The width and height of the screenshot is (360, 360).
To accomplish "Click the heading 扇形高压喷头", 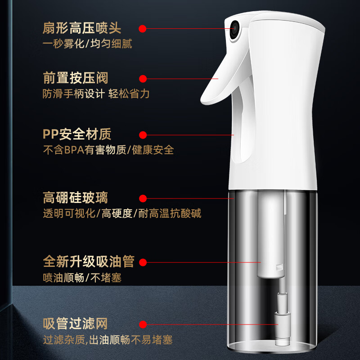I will (82, 29).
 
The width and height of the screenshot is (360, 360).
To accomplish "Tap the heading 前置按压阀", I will (76, 78).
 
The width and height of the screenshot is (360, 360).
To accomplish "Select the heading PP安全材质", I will (77, 134).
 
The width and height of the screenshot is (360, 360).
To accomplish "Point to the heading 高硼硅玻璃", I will (76, 198).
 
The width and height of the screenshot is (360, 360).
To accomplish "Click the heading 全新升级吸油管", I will (89, 261).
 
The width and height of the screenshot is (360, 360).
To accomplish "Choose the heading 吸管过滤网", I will (76, 324).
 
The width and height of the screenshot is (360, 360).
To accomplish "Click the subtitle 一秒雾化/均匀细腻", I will (87, 45).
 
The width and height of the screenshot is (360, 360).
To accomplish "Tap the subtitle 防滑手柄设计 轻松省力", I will (96, 94).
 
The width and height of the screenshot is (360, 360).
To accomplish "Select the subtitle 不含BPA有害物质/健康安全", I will (108, 150).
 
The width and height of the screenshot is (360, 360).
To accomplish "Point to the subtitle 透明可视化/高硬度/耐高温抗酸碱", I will (122, 213).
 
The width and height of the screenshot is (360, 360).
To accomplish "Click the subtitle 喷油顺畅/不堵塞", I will (82, 277).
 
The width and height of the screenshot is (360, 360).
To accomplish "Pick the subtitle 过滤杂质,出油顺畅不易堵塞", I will (108, 340).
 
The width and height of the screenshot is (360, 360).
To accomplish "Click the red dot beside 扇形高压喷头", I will (143, 29).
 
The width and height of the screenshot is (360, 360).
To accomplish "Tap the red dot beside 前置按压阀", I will (143, 79).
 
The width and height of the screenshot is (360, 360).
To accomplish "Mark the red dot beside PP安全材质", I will (143, 135).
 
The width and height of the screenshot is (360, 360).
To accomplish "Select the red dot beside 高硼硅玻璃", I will (143, 198).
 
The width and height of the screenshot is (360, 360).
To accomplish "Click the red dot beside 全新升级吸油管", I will (143, 262).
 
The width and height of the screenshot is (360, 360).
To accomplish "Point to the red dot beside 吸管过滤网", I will (143, 324).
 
